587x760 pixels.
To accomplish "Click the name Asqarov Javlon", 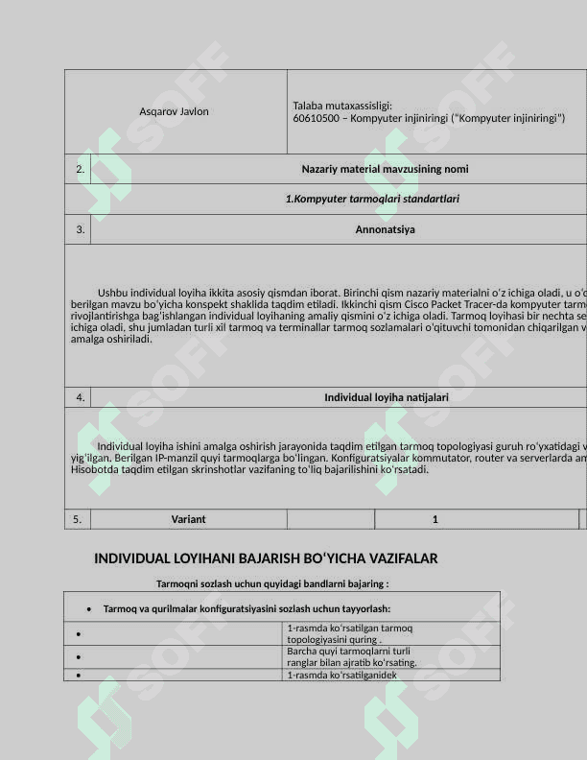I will [x=174, y=111].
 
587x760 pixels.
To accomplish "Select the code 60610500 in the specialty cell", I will [x=315, y=118].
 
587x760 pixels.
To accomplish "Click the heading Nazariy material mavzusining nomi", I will [x=385, y=169].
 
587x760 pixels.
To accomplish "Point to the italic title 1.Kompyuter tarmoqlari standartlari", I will [x=372, y=199].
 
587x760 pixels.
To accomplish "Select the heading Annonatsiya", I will [x=385, y=229].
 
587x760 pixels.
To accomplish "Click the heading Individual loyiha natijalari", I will [x=386, y=396].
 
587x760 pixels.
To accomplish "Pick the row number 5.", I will [x=78, y=519].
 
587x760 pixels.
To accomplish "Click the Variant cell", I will [x=188, y=519].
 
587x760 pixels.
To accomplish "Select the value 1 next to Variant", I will [x=434, y=519].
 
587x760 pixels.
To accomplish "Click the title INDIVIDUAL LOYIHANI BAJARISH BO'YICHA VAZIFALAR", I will [x=266, y=558].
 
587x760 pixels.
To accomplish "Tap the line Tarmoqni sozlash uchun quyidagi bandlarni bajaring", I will [x=271, y=583].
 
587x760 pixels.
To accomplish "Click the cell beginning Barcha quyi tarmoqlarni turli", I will [x=351, y=656].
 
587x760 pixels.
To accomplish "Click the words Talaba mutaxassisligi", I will [x=342, y=106].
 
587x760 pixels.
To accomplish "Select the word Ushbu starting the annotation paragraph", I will [x=112, y=293].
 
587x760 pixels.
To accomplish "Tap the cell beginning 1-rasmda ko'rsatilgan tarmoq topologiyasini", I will [x=349, y=633].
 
